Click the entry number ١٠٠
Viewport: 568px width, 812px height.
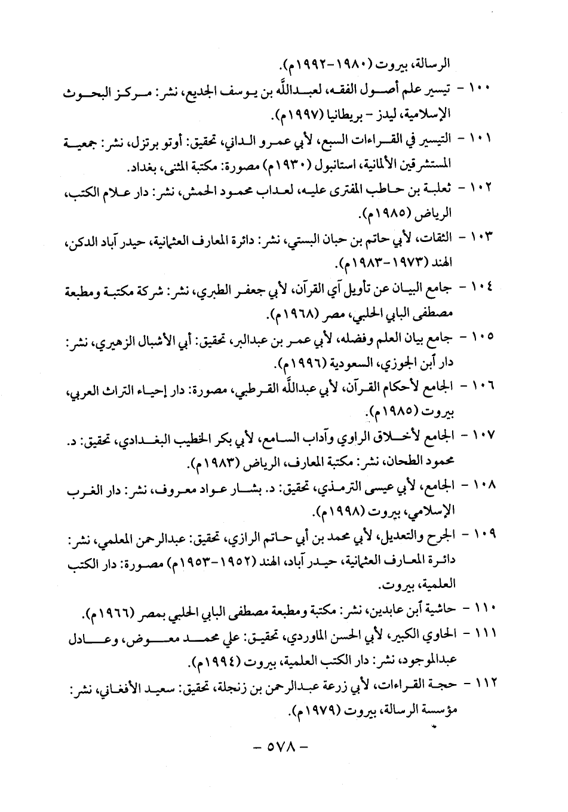tap(479, 88)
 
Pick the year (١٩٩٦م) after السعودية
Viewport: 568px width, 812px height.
tap(299, 363)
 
